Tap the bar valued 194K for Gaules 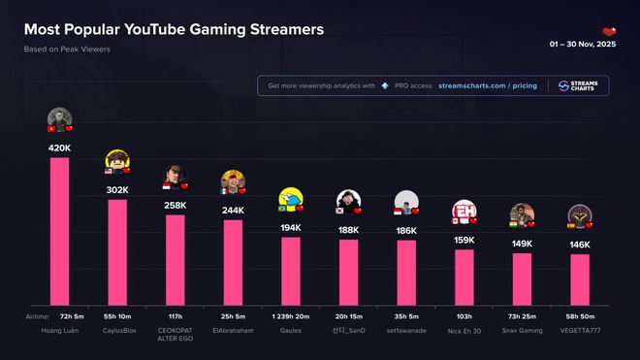click(291, 271)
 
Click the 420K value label click(59, 148)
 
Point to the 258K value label click(176, 206)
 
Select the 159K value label click(464, 240)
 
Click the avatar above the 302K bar click(116, 161)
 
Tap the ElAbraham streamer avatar click(233, 180)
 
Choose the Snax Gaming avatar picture click(522, 214)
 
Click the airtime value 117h click(176, 317)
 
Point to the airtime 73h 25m click(522, 317)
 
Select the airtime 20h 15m click(348, 317)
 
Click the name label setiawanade click(406, 330)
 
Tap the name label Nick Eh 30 click(464, 330)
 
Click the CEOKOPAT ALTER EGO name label click(176, 335)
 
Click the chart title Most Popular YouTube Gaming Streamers click(175, 30)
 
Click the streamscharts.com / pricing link click(486, 85)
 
